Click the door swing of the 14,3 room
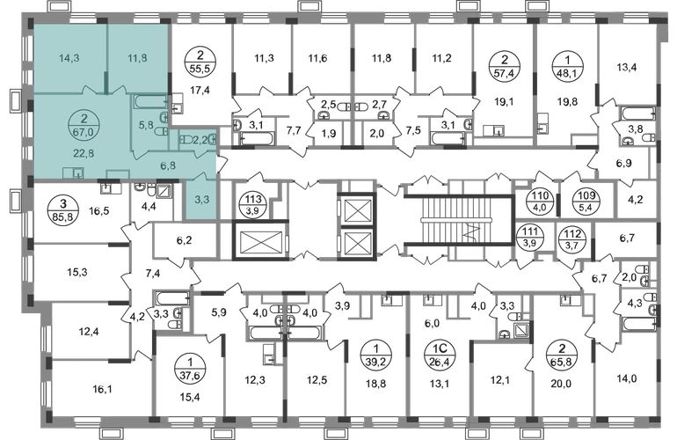[x=89, y=87]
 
